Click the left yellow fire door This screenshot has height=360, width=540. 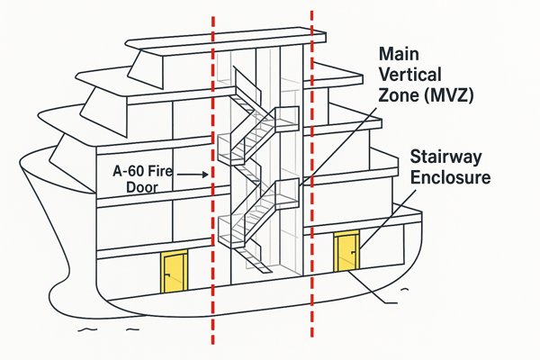(174, 270)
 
